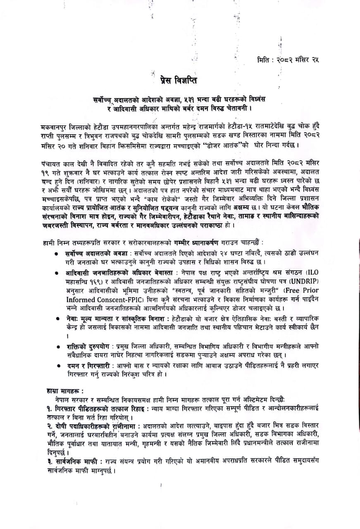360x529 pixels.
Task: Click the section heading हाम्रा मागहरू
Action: (x=60, y=390)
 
